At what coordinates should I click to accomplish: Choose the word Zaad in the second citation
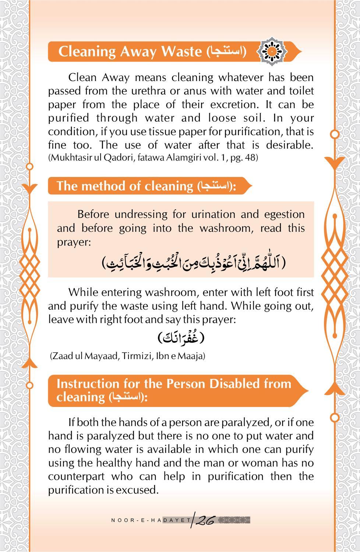(x=62, y=356)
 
